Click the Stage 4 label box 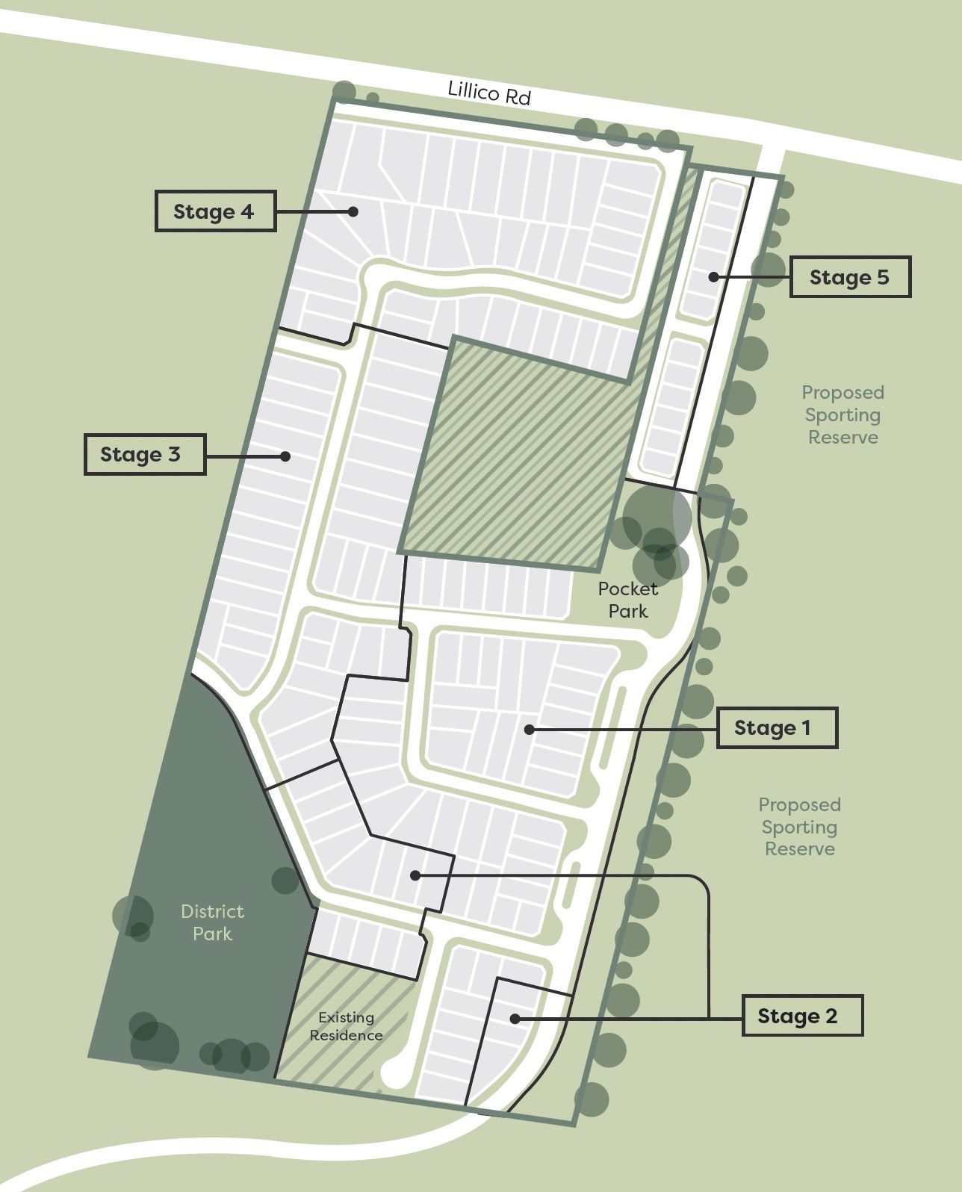[215, 211]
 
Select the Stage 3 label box [144, 454]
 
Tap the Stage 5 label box [850, 277]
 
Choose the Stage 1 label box [776, 727]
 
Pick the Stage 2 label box [801, 1016]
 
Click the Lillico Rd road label [489, 93]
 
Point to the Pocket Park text [628, 600]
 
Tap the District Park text [213, 922]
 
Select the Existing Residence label [347, 1026]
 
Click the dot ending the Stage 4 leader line [353, 211]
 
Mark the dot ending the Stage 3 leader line [285, 456]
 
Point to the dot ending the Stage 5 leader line [713, 276]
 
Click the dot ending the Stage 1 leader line [529, 729]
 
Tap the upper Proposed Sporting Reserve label [843, 415]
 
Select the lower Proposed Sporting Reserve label [800, 827]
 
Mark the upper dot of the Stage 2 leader [415, 875]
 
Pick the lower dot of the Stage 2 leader [515, 1018]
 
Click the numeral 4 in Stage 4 [246, 211]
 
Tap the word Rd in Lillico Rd [518, 96]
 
